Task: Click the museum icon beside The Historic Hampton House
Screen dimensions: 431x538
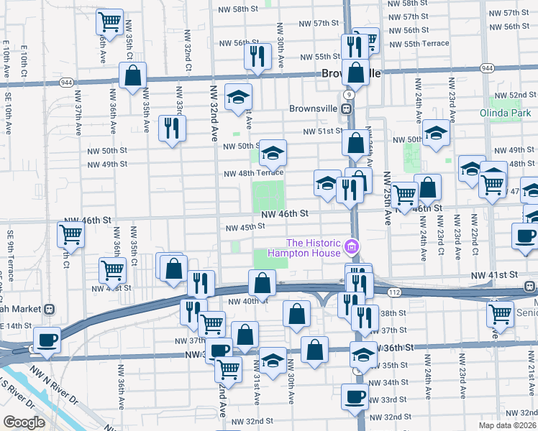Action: (352, 248)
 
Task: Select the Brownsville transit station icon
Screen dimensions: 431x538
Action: (346, 108)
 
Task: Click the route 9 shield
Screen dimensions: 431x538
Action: (348, 94)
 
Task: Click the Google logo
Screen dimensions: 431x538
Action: (24, 422)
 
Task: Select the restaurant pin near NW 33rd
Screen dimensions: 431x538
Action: (171, 128)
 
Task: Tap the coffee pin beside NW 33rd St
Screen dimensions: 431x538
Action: (354, 396)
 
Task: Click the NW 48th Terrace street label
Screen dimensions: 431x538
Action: (253, 173)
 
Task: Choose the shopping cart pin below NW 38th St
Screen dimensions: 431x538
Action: (500, 312)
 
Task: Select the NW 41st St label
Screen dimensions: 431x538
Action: (494, 275)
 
